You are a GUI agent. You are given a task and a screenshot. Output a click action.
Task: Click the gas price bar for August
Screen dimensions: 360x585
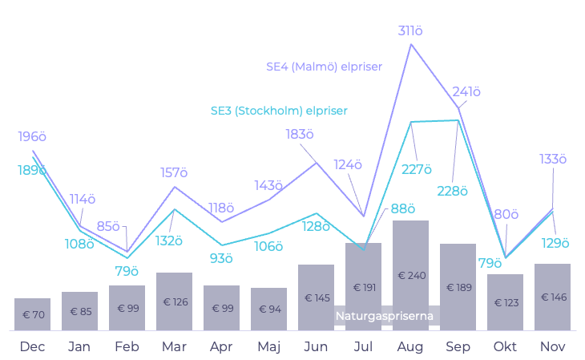[410, 275]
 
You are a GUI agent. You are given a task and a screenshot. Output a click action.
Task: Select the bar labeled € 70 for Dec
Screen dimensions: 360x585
[32, 314]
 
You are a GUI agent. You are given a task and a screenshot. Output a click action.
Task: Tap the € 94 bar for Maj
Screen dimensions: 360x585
[268, 309]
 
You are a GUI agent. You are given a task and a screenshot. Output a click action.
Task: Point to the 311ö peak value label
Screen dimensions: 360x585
[410, 31]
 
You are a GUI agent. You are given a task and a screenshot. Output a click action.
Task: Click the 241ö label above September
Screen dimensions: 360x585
[466, 92]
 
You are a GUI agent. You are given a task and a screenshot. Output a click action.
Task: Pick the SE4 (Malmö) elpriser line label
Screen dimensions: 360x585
[325, 67]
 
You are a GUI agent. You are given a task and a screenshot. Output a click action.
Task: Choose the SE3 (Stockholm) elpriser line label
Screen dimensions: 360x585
[279, 111]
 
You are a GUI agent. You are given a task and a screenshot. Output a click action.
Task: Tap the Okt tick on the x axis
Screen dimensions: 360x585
[505, 346]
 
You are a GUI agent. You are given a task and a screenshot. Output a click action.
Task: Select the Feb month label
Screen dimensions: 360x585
[127, 346]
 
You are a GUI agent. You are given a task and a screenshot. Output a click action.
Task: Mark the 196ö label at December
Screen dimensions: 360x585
[32, 137]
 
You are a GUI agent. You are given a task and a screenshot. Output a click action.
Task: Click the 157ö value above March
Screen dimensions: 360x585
[174, 173]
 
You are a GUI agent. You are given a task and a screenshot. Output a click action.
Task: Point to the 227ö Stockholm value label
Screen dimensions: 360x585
[418, 169]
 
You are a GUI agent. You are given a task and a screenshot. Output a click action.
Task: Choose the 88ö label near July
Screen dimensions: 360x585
[403, 209]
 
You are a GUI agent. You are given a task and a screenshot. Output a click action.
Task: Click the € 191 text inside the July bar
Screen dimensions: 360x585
[363, 287]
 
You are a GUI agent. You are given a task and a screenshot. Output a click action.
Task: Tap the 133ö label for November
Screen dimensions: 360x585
[553, 160]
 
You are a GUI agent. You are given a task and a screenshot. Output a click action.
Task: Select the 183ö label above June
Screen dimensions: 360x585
[300, 134]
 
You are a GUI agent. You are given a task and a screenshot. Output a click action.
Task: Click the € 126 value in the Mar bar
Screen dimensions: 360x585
[174, 302]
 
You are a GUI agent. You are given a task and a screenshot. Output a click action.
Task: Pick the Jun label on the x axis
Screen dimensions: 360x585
[316, 346]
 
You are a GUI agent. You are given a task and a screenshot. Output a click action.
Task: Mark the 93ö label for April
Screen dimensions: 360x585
[220, 258]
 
